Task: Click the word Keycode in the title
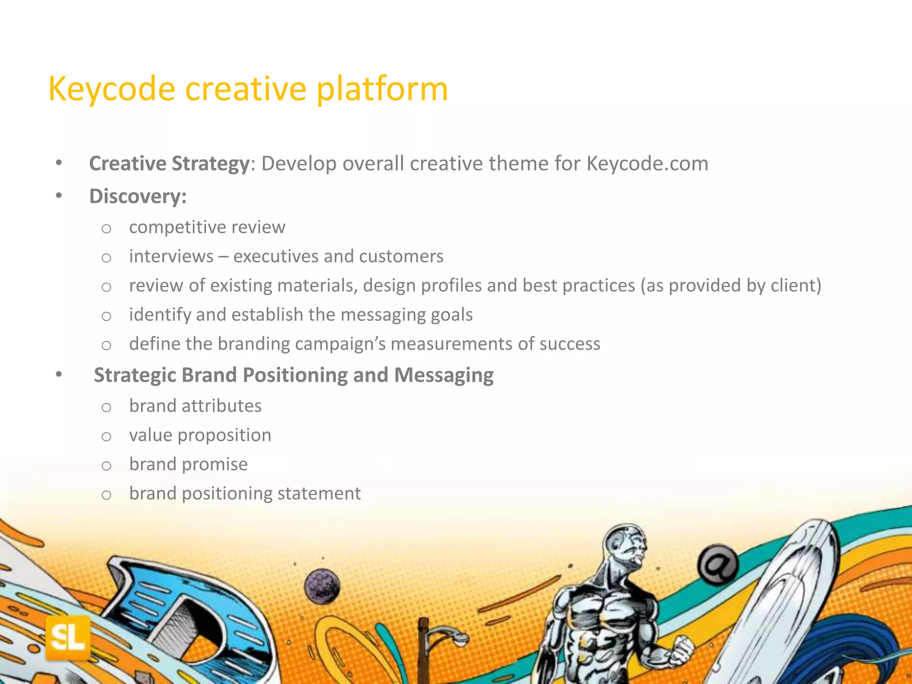coord(111,89)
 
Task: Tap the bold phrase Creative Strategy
coord(169,164)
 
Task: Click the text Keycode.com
coord(647,164)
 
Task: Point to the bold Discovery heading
coord(138,196)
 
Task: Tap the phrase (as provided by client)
coord(731,285)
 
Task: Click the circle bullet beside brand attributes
coord(106,407)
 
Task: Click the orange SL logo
coord(68,638)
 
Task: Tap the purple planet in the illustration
coord(322,586)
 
